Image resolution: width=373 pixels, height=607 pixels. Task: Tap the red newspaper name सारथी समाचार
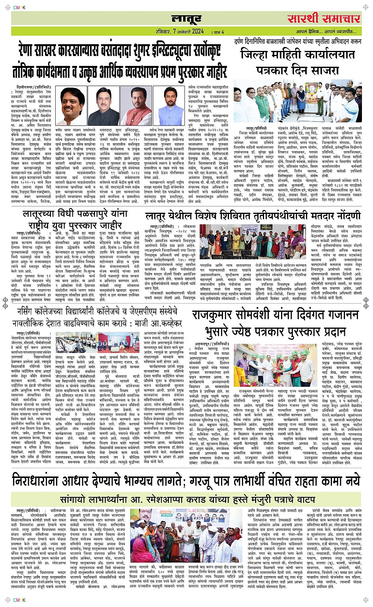coord(323,18)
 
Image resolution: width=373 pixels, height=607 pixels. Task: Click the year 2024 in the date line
coord(196,31)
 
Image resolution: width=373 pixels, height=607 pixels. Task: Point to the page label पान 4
coord(218,32)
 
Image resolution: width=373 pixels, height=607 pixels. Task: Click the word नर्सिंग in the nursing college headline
coord(30,312)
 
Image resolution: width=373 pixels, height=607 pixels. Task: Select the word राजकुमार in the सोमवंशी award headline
coord(221,315)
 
